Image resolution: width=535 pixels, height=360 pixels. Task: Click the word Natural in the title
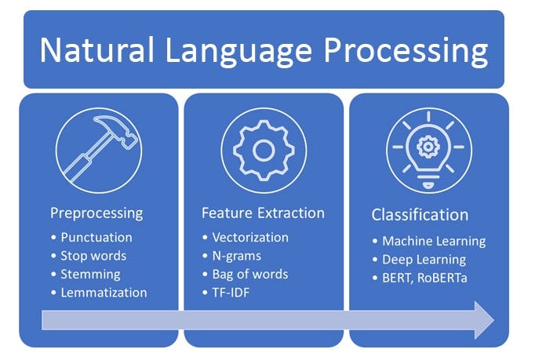pyautogui.click(x=97, y=50)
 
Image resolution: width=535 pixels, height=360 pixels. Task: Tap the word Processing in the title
pyautogui.click(x=406, y=51)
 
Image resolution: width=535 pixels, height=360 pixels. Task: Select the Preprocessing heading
pyautogui.click(x=96, y=213)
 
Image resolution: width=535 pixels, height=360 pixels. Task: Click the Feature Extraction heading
pyautogui.click(x=263, y=213)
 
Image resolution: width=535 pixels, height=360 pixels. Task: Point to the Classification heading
pyautogui.click(x=420, y=215)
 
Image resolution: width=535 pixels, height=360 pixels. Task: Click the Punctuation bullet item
pyautogui.click(x=96, y=238)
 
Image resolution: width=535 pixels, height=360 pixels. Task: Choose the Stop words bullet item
pyautogui.click(x=93, y=256)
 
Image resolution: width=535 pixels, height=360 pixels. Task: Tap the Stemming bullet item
pyautogui.click(x=90, y=275)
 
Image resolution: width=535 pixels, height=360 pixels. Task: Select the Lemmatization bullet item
pyautogui.click(x=104, y=293)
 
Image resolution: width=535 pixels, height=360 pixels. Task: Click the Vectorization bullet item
pyautogui.click(x=250, y=238)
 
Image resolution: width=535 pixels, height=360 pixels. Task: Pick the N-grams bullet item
pyautogui.click(x=236, y=256)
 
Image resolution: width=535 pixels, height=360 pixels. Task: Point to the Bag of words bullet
pyautogui.click(x=250, y=275)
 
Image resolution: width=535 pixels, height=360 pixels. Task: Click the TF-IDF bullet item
pyautogui.click(x=231, y=293)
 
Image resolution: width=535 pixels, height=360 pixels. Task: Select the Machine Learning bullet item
pyautogui.click(x=434, y=242)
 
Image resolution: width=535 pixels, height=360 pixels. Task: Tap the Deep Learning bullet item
pyautogui.click(x=424, y=260)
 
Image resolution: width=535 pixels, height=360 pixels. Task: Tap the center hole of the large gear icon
pyautogui.click(x=264, y=151)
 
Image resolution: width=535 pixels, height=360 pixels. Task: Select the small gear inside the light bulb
pyautogui.click(x=428, y=147)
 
